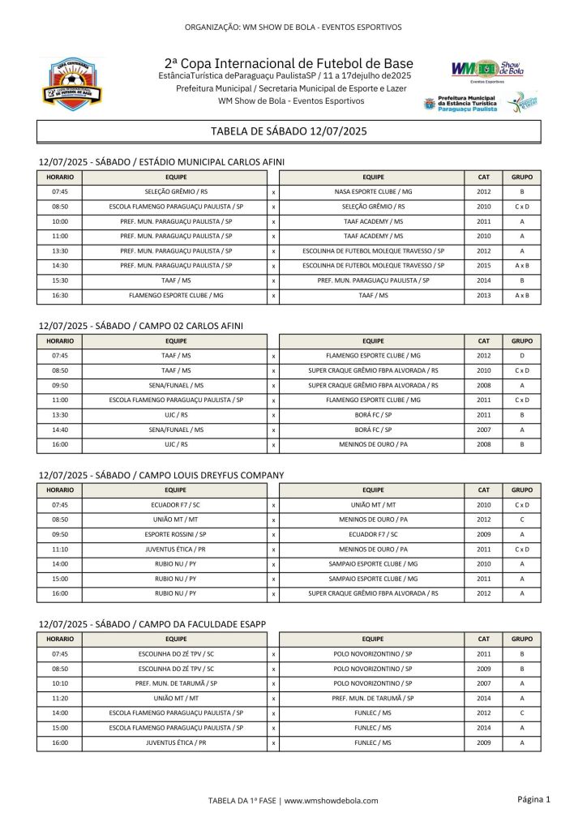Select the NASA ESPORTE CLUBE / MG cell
(373, 192)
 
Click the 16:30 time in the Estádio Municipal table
(60, 296)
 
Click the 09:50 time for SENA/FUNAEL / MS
(60, 385)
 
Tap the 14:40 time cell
(60, 430)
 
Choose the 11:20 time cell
(60, 698)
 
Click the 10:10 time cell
(60, 683)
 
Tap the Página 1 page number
(533, 800)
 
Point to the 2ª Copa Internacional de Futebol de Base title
(289, 63)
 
